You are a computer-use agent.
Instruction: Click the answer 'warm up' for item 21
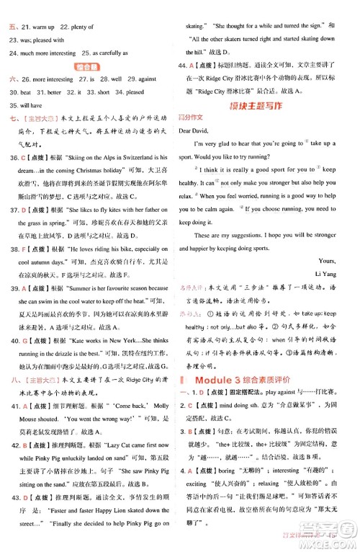coord(43,27)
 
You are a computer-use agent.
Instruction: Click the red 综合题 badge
coord(89,66)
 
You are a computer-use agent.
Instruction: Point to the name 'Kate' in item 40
coord(77,337)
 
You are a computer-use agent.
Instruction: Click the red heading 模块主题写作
coord(269,106)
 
